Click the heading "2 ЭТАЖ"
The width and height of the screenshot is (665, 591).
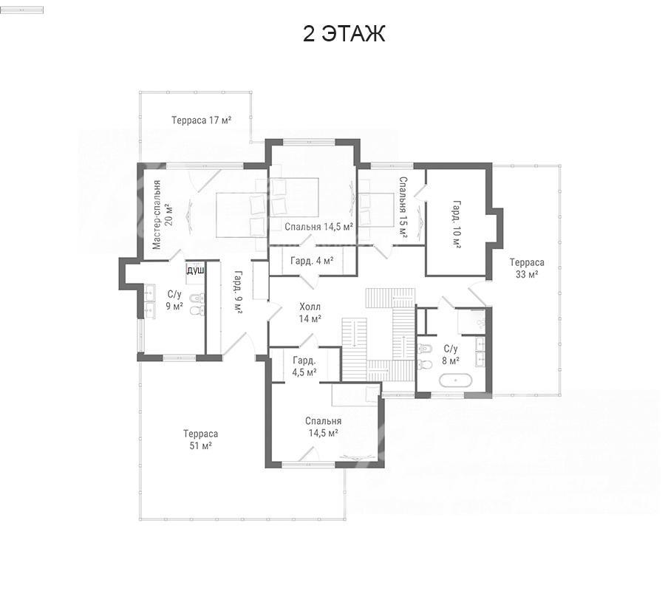coord(344,34)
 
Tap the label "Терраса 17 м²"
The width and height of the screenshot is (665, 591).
coord(202,120)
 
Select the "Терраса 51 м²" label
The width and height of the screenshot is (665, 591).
coord(200,440)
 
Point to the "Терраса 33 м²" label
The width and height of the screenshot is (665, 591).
coord(527,268)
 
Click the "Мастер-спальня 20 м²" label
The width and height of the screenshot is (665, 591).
coord(163,214)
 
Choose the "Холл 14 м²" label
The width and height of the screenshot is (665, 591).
coord(310,312)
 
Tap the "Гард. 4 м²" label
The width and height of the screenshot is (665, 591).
coord(312,260)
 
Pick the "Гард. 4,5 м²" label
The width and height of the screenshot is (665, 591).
coord(304,366)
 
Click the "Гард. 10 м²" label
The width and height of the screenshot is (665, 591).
coord(457,225)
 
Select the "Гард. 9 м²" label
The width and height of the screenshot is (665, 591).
coord(238,292)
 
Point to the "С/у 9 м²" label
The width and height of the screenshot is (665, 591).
coord(174,300)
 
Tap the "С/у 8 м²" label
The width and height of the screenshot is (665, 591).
coord(451,355)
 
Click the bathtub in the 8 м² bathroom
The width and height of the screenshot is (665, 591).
coord(455,380)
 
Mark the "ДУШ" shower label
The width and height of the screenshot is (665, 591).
coord(196,270)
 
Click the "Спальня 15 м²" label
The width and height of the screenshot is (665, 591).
coord(403,208)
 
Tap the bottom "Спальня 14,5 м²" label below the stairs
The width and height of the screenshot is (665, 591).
coord(323,427)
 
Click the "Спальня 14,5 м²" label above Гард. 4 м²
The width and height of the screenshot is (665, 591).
coord(319,227)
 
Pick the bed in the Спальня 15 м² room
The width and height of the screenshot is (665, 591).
coord(377,210)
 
